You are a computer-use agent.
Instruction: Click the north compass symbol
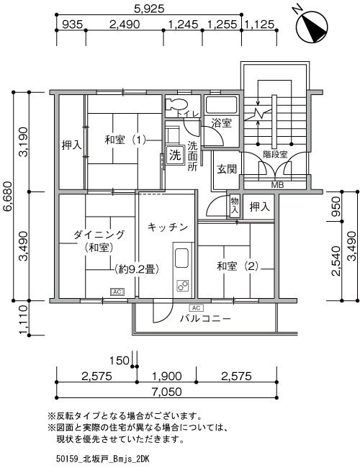point(312,26)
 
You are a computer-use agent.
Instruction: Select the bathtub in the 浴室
point(222,105)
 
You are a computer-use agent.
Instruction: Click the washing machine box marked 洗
point(174,155)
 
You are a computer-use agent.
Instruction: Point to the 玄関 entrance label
point(227,169)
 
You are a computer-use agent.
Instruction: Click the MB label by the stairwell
point(277,185)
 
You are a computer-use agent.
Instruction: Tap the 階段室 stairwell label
point(275,155)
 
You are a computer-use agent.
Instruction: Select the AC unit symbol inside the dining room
point(117,292)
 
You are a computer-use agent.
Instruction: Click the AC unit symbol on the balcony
point(196,308)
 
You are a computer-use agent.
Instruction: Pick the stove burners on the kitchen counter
point(183,285)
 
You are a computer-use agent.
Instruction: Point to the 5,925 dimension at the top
point(149,9)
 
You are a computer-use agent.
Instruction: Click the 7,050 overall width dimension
point(166,392)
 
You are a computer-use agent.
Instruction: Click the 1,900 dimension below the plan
point(166,376)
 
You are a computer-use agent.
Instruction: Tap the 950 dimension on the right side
point(336,207)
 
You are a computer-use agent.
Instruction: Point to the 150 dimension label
point(120,361)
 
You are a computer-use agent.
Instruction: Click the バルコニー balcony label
point(205,319)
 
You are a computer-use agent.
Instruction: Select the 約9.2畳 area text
point(137,269)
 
